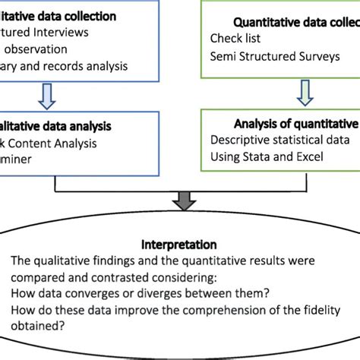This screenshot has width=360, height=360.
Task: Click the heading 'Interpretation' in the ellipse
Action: [179, 245]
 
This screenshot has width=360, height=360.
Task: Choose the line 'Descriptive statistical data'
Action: [279, 140]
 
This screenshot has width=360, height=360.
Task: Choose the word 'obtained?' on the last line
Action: [52, 327]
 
